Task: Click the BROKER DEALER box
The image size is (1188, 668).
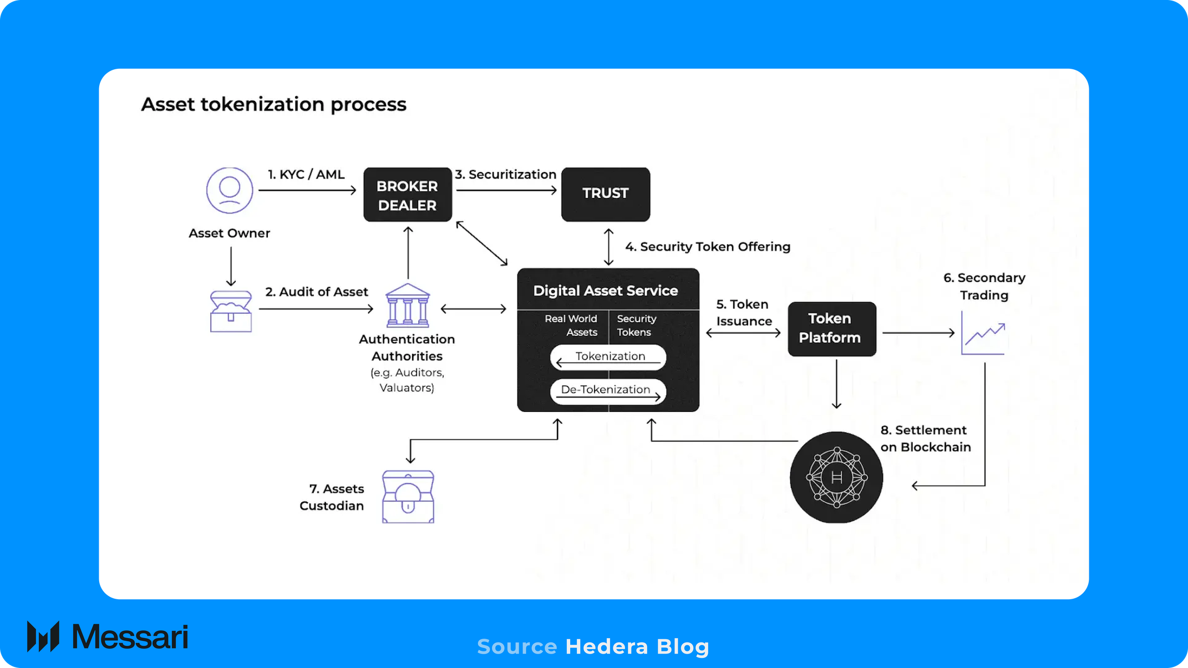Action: [408, 195]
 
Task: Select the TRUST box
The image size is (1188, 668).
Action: [605, 194]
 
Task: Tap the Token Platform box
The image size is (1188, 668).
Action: [831, 329]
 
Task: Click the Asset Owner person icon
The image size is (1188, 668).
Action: [230, 190]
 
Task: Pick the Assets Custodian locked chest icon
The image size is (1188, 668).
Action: [408, 497]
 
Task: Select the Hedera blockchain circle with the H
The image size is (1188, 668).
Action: [836, 477]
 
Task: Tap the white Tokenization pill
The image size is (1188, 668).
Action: [608, 358]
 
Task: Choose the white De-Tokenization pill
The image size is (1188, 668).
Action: [608, 391]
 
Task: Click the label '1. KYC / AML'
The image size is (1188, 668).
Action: [306, 175]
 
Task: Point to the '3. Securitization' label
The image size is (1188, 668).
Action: [506, 175]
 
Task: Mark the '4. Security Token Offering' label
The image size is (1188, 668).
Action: [708, 247]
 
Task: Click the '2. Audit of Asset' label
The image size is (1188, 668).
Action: [316, 292]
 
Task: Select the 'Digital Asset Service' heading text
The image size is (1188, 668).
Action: [605, 291]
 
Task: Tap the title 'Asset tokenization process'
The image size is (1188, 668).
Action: [273, 104]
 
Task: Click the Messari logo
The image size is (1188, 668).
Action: [108, 636]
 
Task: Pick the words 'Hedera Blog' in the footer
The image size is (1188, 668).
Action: [637, 647]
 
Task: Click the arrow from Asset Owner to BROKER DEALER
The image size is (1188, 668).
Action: [307, 191]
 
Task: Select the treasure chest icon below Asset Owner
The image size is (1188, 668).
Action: [231, 312]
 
